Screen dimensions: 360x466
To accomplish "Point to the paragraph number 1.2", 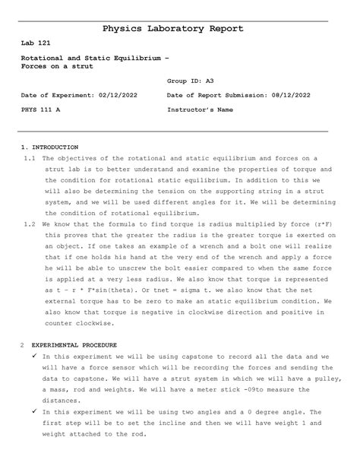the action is pyautogui.click(x=30, y=225).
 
